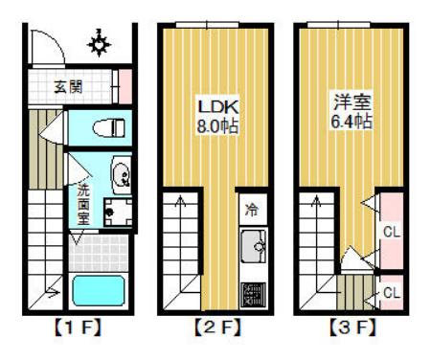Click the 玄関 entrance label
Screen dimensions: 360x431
[x=67, y=86]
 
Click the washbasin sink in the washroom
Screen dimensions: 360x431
[x=122, y=174]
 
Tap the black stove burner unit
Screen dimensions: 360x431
[x=253, y=290]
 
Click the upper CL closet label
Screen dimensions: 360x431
[x=391, y=231]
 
